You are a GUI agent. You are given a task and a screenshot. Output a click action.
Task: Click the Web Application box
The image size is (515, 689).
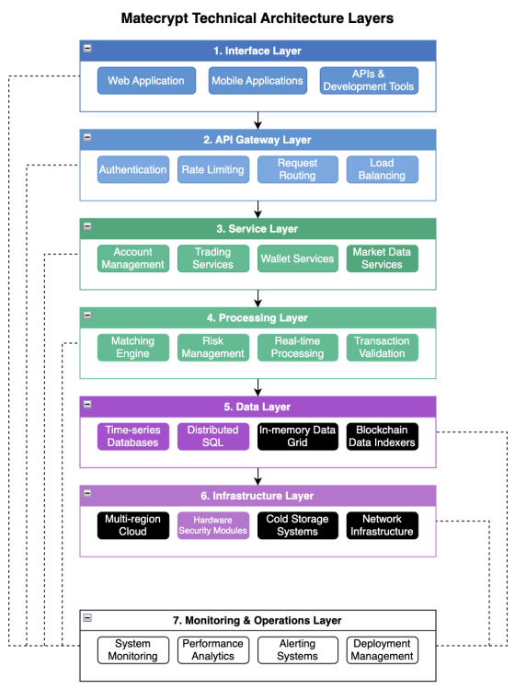pos(146,80)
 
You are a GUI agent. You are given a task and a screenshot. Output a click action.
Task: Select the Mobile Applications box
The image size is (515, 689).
pos(257,80)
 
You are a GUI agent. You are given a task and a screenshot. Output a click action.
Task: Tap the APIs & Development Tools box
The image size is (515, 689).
pos(369,80)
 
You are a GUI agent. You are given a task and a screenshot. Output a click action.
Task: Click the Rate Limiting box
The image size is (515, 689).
pos(213,169)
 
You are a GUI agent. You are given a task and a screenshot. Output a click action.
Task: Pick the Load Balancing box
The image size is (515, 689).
pos(383,169)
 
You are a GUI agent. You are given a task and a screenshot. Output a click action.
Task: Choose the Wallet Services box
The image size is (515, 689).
pos(297,258)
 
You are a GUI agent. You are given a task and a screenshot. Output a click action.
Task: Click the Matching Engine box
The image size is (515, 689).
pos(133,348)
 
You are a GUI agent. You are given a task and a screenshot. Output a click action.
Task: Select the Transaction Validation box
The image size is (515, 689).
pos(383,348)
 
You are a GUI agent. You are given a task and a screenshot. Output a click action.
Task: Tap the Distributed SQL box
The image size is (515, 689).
pos(213,436)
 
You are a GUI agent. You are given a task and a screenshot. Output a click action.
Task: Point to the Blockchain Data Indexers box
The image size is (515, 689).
pos(383,436)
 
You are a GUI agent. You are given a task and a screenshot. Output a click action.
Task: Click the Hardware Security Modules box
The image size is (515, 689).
pos(213,525)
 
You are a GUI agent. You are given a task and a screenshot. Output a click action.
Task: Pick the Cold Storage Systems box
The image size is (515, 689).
pos(297,525)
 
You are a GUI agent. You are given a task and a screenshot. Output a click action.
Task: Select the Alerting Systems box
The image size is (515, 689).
pos(297,649)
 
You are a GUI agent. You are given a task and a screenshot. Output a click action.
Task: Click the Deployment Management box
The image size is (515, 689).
pos(383,649)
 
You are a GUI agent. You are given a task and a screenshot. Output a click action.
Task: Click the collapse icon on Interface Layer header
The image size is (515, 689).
pos(87,49)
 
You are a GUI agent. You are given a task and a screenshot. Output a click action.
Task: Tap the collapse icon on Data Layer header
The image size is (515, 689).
pos(87,404)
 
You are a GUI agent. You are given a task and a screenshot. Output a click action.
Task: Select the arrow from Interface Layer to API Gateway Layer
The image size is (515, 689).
pos(257,121)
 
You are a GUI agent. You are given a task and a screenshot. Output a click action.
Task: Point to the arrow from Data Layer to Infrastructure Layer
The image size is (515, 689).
pos(257,477)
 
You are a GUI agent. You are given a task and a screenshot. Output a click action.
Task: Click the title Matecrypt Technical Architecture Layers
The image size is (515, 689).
pos(257,18)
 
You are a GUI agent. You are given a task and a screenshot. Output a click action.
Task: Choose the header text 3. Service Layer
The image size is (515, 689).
pos(257,229)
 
